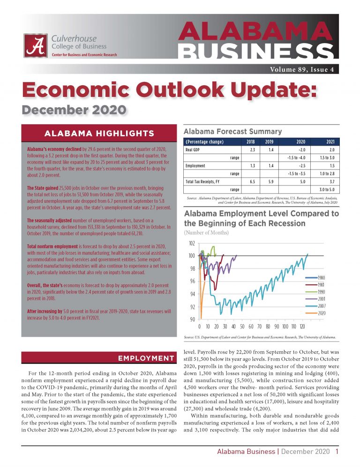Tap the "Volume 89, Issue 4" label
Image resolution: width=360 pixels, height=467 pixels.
click(302, 70)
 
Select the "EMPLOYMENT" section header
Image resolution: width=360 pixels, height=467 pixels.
click(145, 358)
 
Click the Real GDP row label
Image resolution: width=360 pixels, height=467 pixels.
click(194, 150)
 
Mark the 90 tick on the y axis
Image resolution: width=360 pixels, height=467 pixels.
click(192, 319)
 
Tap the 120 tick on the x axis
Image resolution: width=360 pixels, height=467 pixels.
click(303, 326)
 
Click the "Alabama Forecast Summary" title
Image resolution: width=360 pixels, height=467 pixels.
click(232, 132)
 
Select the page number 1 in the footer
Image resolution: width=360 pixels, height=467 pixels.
click(337, 452)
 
